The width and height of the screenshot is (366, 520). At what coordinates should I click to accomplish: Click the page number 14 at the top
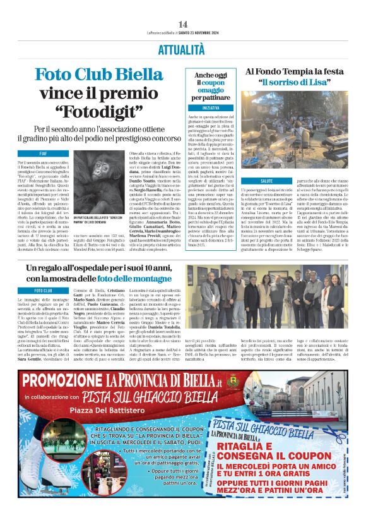click(182, 24)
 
